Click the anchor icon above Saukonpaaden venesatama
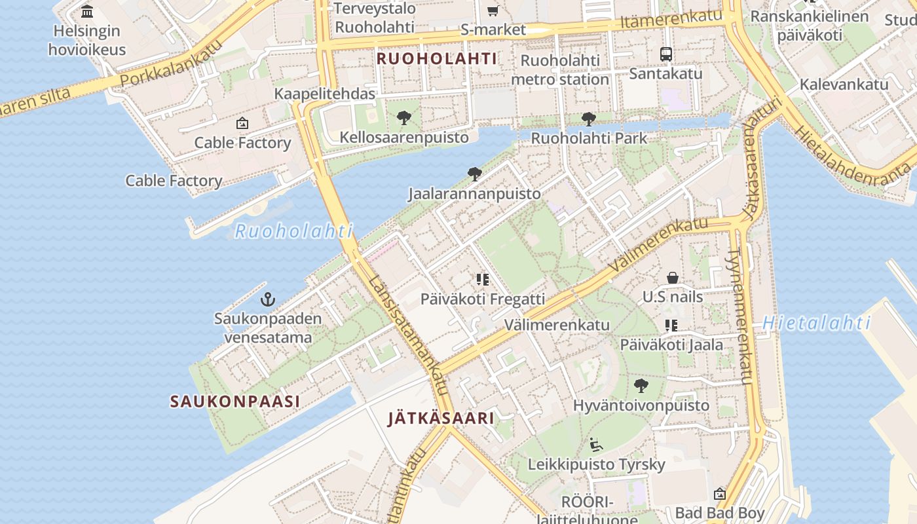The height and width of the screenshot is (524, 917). pyautogui.click(x=267, y=300)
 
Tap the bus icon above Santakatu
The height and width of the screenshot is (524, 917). pyautogui.click(x=665, y=54)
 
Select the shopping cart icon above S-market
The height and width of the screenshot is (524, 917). pyautogui.click(x=493, y=10)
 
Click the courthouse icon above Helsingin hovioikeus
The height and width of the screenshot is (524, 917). pyautogui.click(x=87, y=11)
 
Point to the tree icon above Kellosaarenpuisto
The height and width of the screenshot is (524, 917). pyautogui.click(x=404, y=119)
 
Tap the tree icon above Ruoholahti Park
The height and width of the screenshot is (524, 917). pyautogui.click(x=588, y=119)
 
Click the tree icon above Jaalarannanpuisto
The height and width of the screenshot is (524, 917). pyautogui.click(x=475, y=174)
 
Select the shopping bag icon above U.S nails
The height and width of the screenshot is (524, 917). pyautogui.click(x=672, y=278)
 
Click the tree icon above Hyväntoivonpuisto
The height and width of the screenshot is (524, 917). pyautogui.click(x=641, y=386)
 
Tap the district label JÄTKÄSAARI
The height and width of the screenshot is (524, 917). pyautogui.click(x=440, y=418)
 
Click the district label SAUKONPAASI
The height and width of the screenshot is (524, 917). pyautogui.click(x=234, y=401)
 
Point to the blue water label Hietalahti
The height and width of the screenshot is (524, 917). pyautogui.click(x=816, y=323)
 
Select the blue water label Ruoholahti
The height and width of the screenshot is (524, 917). pyautogui.click(x=293, y=231)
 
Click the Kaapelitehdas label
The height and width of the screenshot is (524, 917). pyautogui.click(x=324, y=94)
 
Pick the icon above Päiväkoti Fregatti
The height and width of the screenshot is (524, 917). pyautogui.click(x=483, y=280)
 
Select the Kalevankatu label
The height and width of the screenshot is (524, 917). pyautogui.click(x=844, y=84)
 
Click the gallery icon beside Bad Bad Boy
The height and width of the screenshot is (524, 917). pyautogui.click(x=719, y=493)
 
